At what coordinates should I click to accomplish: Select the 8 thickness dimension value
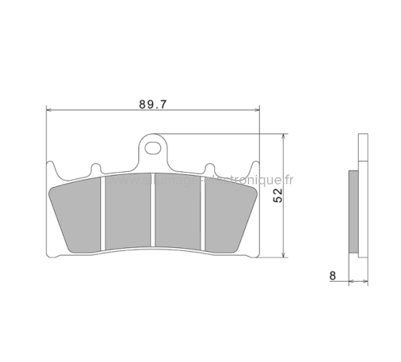click(x=332, y=275)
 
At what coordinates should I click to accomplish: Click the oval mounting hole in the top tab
click(x=152, y=148)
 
